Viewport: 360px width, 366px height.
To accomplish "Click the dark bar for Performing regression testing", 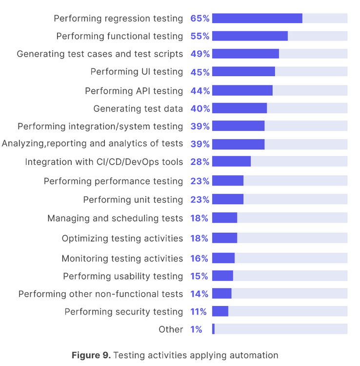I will point(257,19).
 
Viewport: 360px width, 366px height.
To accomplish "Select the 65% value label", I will point(200,19).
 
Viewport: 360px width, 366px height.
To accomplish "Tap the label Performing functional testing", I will point(120,36).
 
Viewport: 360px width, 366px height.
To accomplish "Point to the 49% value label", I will point(200,54).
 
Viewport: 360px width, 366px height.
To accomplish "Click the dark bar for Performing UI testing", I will point(243,72).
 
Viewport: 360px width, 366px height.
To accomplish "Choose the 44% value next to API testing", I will point(200,91).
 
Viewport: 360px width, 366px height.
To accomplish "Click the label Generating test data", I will point(138,108).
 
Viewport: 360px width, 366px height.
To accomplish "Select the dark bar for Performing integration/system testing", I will point(238,126).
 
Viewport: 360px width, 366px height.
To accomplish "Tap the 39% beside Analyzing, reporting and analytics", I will point(200,144).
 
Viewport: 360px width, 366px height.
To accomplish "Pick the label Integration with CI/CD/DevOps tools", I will point(104,162).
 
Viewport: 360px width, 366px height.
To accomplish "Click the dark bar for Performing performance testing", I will point(228,181).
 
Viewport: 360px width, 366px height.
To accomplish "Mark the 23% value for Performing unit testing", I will point(200,200).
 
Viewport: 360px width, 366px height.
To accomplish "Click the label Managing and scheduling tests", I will point(115,218).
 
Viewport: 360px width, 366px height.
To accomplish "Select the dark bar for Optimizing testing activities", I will point(224,238).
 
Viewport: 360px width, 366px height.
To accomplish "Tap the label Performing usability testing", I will point(123,276).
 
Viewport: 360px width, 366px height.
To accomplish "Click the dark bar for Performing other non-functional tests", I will point(221,294).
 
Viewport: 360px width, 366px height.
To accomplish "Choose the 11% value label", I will point(199,311).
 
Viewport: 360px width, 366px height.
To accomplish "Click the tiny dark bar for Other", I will point(213,329).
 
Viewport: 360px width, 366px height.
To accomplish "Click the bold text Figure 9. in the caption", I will point(91,355).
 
